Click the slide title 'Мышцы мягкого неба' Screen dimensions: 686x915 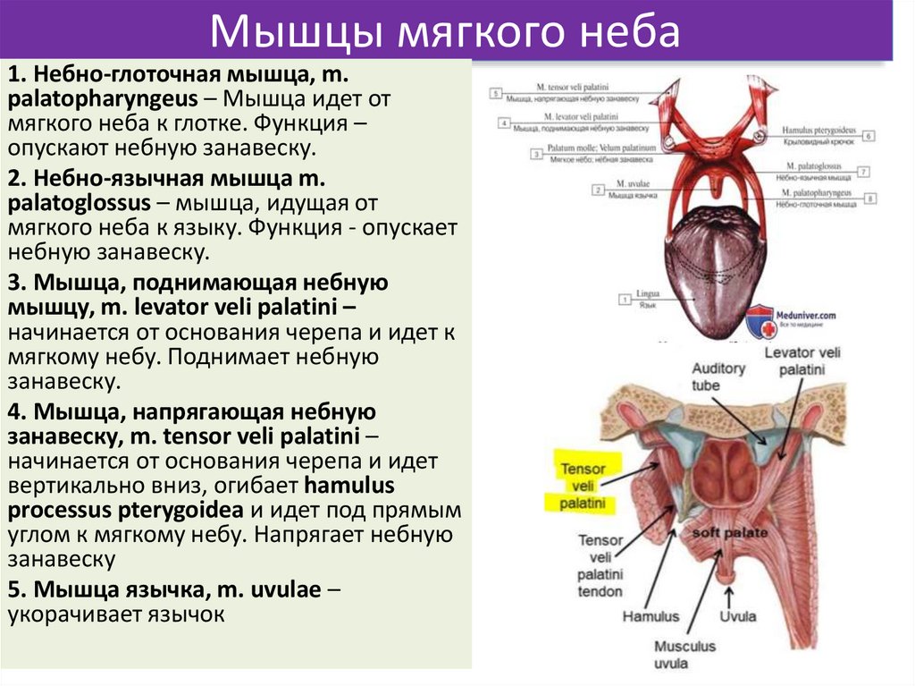[444, 32]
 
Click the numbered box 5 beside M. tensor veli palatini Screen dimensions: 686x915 [497, 91]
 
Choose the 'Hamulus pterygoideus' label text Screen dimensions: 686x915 [818, 130]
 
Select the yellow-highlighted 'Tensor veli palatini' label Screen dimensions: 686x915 [583, 486]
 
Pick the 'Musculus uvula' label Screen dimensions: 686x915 [684, 654]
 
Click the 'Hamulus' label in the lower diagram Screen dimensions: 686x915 [651, 616]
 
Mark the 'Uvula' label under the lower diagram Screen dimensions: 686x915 [737, 616]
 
